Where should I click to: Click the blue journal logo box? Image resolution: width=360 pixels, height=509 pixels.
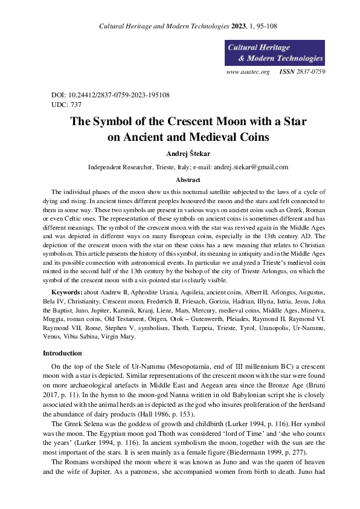274,53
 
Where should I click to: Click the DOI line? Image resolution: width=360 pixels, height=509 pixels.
111,95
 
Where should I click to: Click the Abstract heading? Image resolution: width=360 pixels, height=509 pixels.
187,180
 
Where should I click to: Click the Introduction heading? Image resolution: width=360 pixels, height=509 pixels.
68,352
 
